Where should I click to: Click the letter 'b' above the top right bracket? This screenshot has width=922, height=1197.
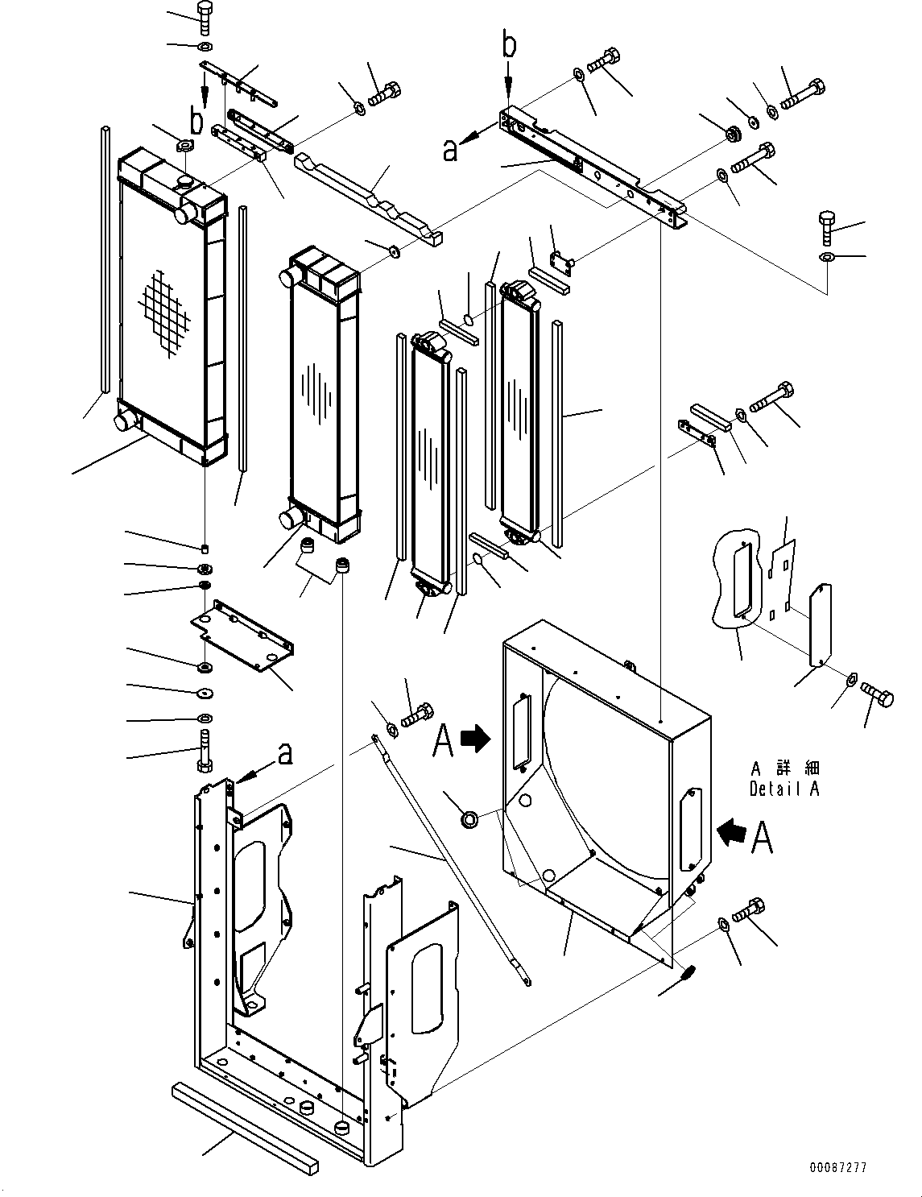pos(509,46)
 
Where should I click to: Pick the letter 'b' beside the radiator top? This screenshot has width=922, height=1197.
pos(196,122)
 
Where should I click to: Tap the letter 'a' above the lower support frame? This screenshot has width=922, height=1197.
pos(284,755)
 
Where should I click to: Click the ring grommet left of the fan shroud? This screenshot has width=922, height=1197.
pos(469,820)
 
